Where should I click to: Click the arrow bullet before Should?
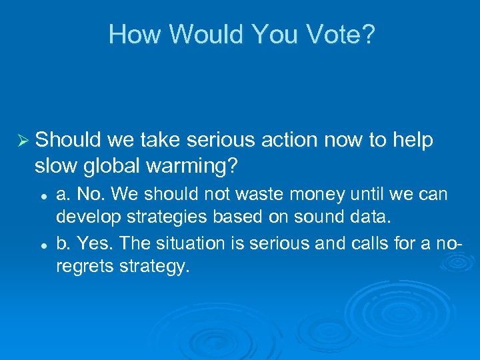click(x=22, y=141)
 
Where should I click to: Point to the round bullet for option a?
click(x=43, y=195)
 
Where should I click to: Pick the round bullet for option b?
click(x=43, y=245)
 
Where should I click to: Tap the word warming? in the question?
click(x=196, y=165)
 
